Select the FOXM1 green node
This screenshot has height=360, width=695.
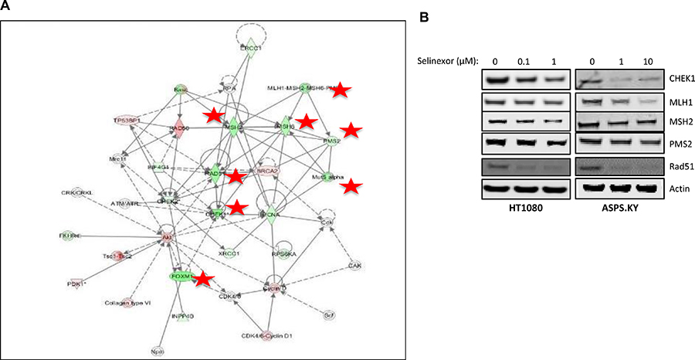tap(180, 276)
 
